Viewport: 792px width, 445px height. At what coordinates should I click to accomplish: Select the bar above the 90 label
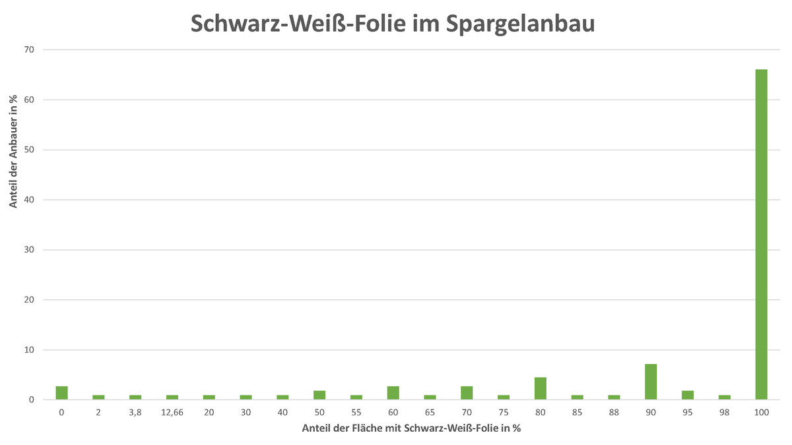pyautogui.click(x=651, y=382)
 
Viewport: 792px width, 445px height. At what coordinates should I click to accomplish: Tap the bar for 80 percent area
pyautogui.click(x=540, y=388)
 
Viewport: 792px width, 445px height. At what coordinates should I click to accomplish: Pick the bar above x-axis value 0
pyautogui.click(x=61, y=393)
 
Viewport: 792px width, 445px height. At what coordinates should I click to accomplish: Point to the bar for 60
pyautogui.click(x=393, y=393)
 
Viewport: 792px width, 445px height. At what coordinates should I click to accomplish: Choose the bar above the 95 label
pyautogui.click(x=687, y=395)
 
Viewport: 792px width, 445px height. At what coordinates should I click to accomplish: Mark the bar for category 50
pyautogui.click(x=319, y=395)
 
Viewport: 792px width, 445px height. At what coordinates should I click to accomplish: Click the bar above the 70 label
pyautogui.click(x=467, y=393)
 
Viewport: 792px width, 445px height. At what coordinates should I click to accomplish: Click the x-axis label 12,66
pyautogui.click(x=172, y=412)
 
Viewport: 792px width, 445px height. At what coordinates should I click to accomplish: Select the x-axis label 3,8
pyautogui.click(x=135, y=412)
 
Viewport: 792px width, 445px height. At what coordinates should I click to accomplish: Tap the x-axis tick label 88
pyautogui.click(x=614, y=412)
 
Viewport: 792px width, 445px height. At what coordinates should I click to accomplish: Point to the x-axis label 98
pyautogui.click(x=724, y=412)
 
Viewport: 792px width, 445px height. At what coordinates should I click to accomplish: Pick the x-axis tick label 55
pyautogui.click(x=356, y=412)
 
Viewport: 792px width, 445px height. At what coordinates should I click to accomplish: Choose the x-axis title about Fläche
pyautogui.click(x=411, y=429)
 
